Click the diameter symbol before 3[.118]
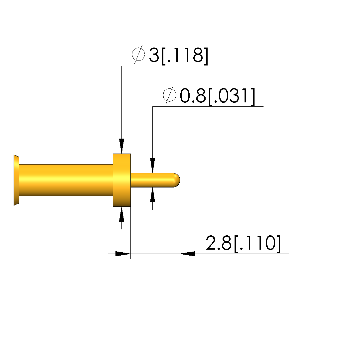click(138, 54)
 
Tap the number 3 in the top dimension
click(154, 55)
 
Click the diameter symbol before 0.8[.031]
click(170, 95)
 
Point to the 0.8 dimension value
click(193, 95)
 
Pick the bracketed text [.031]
click(232, 96)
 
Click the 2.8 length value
click(218, 243)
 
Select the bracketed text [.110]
click(258, 244)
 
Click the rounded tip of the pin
click(177, 180)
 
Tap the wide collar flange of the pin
click(122, 180)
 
